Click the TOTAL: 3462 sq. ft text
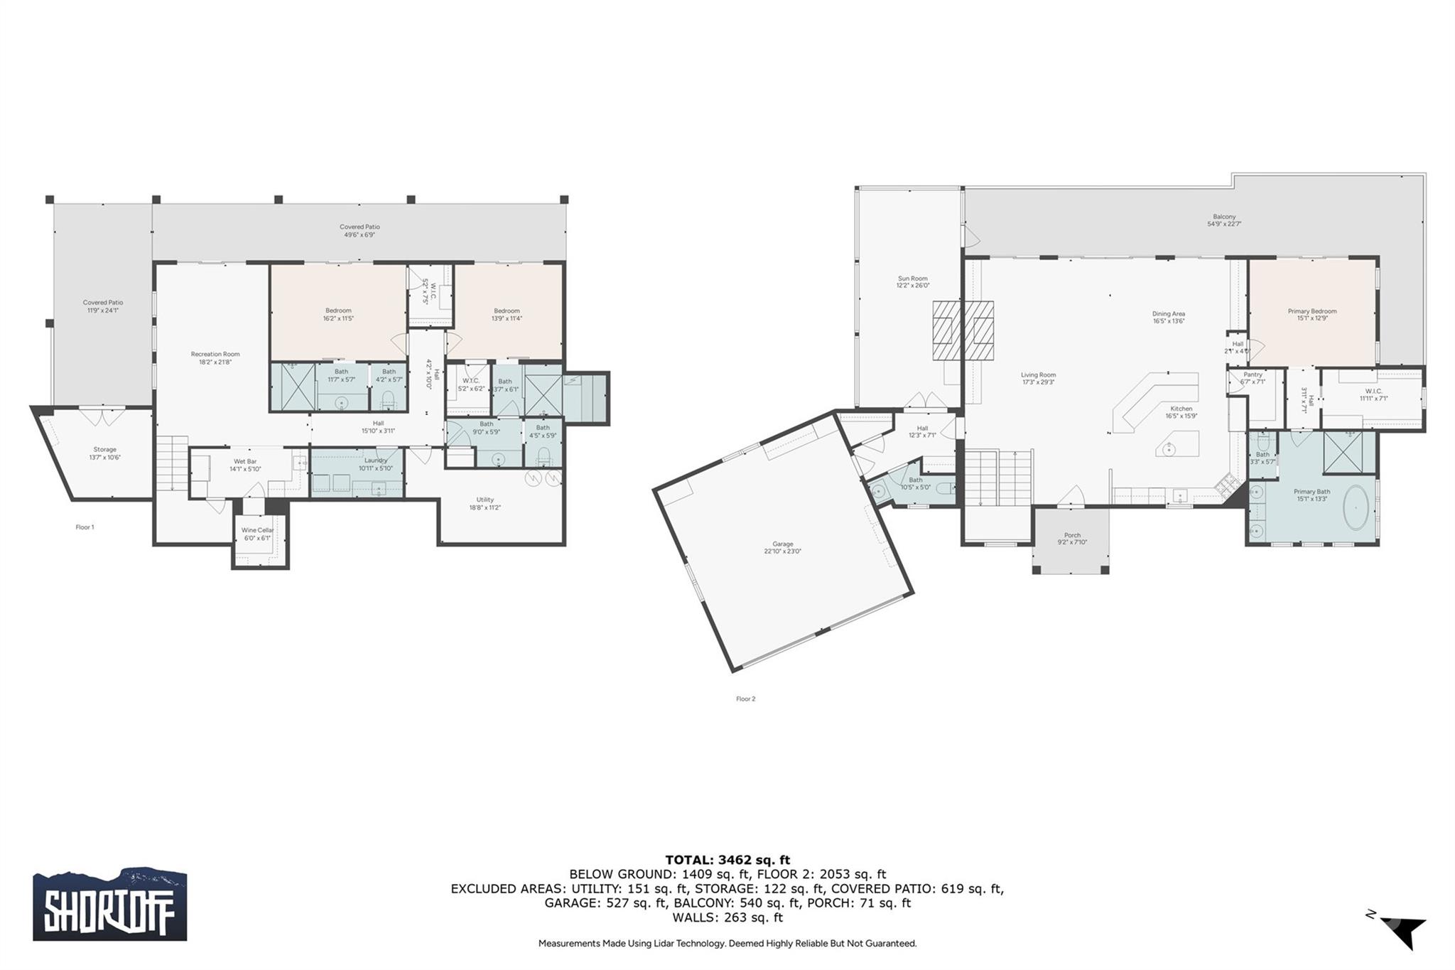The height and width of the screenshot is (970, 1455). [727, 860]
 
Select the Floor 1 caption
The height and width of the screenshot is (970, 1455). [85, 527]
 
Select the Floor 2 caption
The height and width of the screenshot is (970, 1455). [745, 699]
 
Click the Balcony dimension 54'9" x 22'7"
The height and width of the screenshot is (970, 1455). [1224, 224]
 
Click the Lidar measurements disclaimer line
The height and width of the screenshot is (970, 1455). [727, 944]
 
